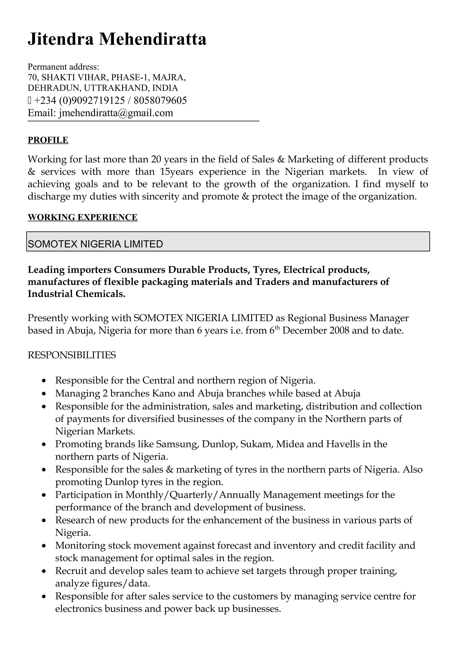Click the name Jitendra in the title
tap(60, 39)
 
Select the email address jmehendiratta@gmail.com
tap(116, 113)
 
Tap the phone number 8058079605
tap(160, 100)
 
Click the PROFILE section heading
tap(48, 140)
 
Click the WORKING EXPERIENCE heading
tap(83, 217)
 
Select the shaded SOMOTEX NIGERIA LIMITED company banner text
tap(95, 244)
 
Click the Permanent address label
tap(63, 67)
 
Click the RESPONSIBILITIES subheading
tap(72, 355)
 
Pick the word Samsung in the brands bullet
tap(177, 444)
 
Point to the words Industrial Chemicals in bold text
tap(76, 294)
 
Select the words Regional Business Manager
tap(348, 318)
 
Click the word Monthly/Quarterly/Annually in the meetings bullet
tap(193, 495)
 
